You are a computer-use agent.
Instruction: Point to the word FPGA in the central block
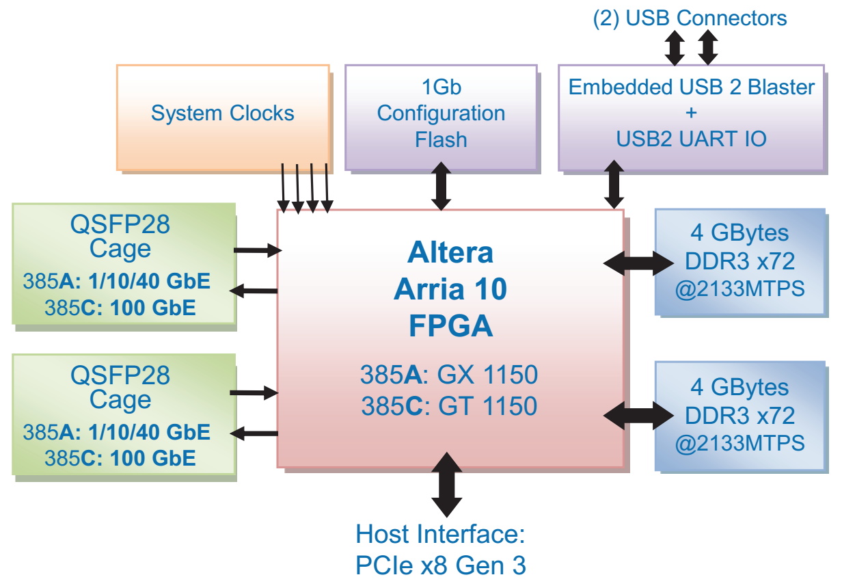(x=450, y=326)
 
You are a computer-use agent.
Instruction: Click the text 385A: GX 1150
(x=449, y=375)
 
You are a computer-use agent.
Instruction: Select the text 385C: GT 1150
(x=449, y=406)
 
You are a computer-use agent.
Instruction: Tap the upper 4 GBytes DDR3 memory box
(x=740, y=261)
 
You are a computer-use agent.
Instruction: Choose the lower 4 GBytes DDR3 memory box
(x=740, y=415)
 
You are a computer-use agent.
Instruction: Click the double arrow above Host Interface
(x=447, y=483)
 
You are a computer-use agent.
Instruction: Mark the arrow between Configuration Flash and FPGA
(x=442, y=186)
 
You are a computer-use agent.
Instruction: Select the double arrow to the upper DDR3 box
(x=638, y=263)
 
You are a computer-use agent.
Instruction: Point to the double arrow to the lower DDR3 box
(x=638, y=415)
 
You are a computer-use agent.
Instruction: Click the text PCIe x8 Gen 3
(x=441, y=565)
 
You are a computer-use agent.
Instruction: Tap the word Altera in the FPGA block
(x=450, y=253)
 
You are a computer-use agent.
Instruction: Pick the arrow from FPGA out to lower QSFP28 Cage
(x=255, y=433)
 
